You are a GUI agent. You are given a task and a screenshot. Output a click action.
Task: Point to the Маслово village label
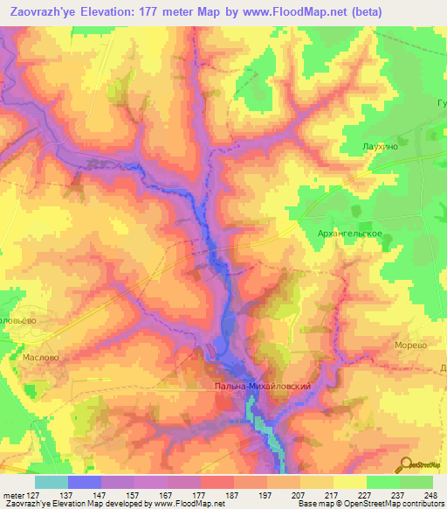[x=41, y=358]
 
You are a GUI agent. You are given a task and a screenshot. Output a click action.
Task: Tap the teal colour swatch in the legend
[x=51, y=482]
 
